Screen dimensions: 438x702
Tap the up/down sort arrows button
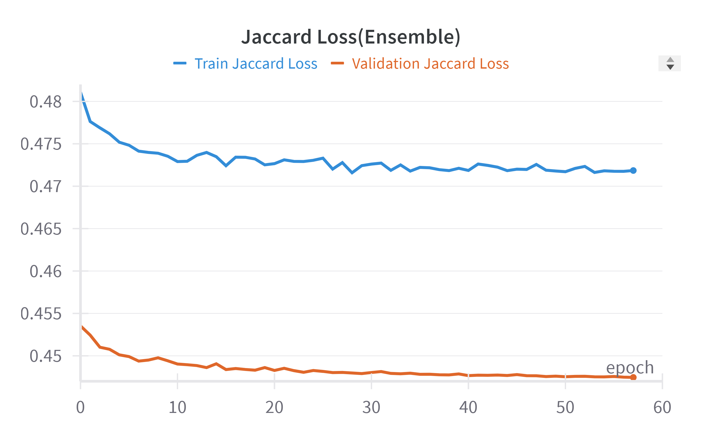(x=670, y=63)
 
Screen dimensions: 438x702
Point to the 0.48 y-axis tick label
(x=45, y=102)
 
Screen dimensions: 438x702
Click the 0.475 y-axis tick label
(x=41, y=144)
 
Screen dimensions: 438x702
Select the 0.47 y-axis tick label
(x=45, y=187)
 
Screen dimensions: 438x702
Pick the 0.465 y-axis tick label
(x=41, y=229)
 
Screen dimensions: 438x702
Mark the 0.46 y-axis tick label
(x=45, y=272)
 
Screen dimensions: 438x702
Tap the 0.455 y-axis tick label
(x=41, y=314)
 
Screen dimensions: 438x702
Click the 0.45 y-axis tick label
(x=45, y=356)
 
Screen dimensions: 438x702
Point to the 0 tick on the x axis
(x=80, y=407)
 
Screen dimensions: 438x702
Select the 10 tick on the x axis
(x=177, y=407)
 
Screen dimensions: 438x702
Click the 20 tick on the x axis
(x=274, y=407)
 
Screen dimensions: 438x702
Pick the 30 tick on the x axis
(x=371, y=407)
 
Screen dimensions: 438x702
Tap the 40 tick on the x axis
(x=468, y=407)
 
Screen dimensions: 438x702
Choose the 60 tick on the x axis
(x=662, y=407)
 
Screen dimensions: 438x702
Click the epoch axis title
(x=630, y=368)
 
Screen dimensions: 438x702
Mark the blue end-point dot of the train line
(x=633, y=171)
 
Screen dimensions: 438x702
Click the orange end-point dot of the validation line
(x=633, y=377)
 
